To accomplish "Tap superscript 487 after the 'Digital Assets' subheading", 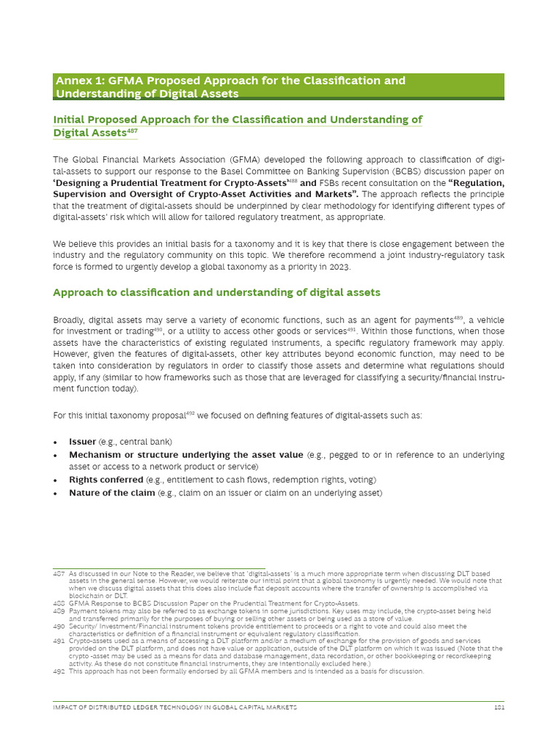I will coord(132,131).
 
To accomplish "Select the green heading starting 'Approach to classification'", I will coord(217,292).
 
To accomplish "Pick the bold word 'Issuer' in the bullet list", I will coord(82,442).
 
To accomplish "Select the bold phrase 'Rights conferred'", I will coord(106,480).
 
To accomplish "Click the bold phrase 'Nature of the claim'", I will coord(112,493).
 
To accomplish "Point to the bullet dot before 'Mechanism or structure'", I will coord(57,455).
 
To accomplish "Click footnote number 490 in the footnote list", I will coord(59,626).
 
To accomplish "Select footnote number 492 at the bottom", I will coord(59,671).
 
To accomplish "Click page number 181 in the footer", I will coord(498,706).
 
